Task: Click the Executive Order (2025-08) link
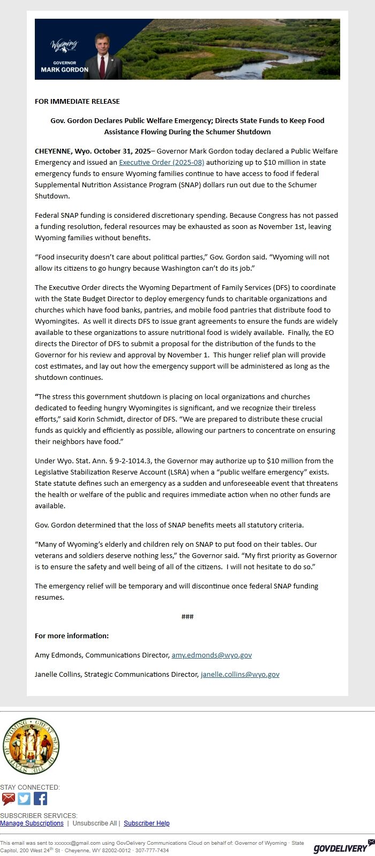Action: tap(161, 162)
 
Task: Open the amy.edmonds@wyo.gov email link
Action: tap(212, 655)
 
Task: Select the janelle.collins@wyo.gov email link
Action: tap(240, 674)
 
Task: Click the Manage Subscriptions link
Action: tap(32, 823)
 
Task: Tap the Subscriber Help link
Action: tap(146, 823)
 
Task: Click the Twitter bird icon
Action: tap(24, 799)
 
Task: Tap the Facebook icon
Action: tap(40, 799)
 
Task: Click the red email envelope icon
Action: tap(8, 799)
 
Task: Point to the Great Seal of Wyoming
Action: tap(31, 746)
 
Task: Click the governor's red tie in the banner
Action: tap(102, 67)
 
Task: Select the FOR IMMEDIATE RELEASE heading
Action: tap(77, 101)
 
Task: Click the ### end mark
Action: tap(187, 616)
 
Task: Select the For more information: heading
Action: tap(72, 636)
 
